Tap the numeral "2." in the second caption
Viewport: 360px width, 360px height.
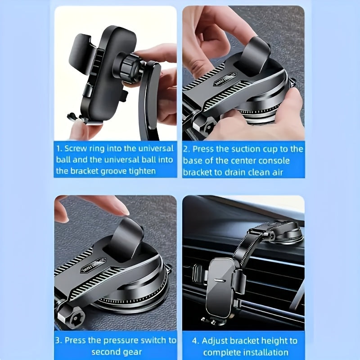coord(186,148)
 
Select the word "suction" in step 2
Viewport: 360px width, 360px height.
coord(246,148)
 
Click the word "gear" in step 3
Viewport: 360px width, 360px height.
coord(132,352)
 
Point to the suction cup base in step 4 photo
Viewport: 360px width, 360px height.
coord(288,233)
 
